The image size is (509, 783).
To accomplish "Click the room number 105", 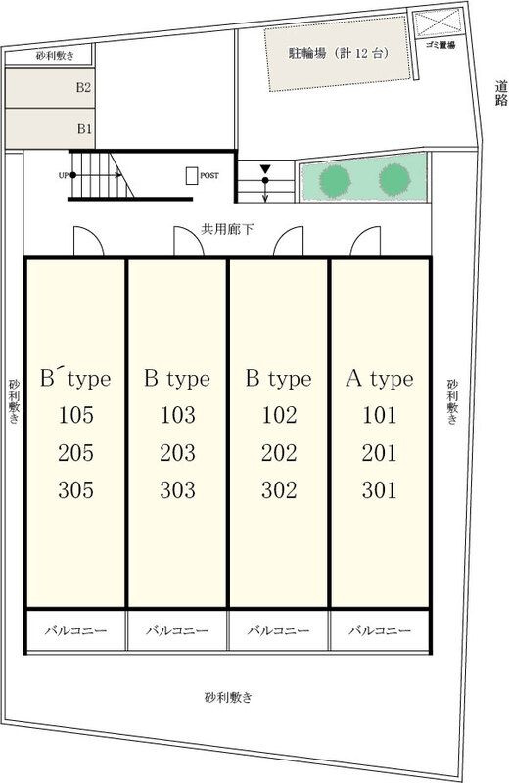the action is click(76, 415).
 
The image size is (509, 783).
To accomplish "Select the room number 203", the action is click(177, 453).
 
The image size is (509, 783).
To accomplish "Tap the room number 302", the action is click(279, 490).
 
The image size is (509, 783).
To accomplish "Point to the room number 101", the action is click(380, 415).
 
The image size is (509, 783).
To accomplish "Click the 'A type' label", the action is click(380, 379).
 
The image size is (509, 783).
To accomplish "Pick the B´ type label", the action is click(75, 378).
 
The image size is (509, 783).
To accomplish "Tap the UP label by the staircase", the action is click(64, 176).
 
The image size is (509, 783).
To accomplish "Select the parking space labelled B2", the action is click(50, 87).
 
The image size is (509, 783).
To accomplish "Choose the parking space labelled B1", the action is click(50, 128).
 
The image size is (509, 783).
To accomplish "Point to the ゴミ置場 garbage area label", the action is click(440, 45).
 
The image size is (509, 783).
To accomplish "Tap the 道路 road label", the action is click(501, 93).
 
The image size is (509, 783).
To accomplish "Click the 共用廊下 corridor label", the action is click(227, 229).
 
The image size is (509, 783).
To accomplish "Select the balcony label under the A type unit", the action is click(380, 630).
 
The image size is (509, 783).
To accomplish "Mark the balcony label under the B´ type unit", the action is click(76, 630).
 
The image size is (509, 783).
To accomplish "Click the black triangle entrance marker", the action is click(265, 168).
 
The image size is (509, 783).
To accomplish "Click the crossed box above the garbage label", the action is click(439, 23).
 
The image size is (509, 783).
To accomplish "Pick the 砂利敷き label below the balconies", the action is click(228, 697).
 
